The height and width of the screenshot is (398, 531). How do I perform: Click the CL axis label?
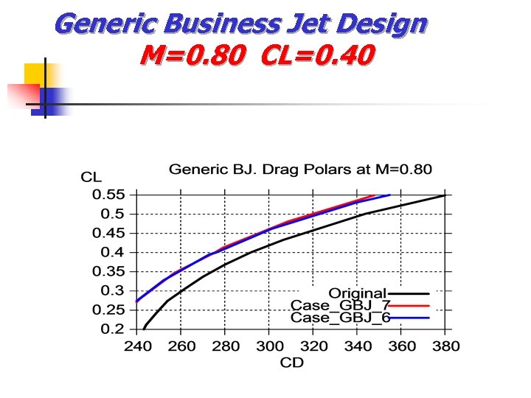pos(91,177)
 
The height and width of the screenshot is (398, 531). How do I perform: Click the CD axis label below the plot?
pos(292,362)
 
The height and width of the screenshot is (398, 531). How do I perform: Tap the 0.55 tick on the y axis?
pos(108,195)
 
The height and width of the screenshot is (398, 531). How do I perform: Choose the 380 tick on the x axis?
pos(445,346)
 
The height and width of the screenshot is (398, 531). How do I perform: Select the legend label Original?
pos(357,294)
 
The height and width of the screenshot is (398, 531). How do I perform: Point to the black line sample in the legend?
pos(409,294)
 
